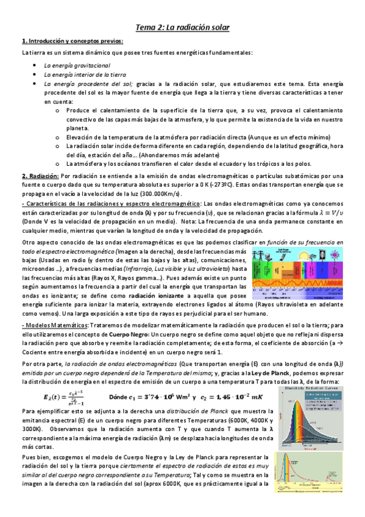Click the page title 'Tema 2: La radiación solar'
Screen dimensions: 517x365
pos(182,28)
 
